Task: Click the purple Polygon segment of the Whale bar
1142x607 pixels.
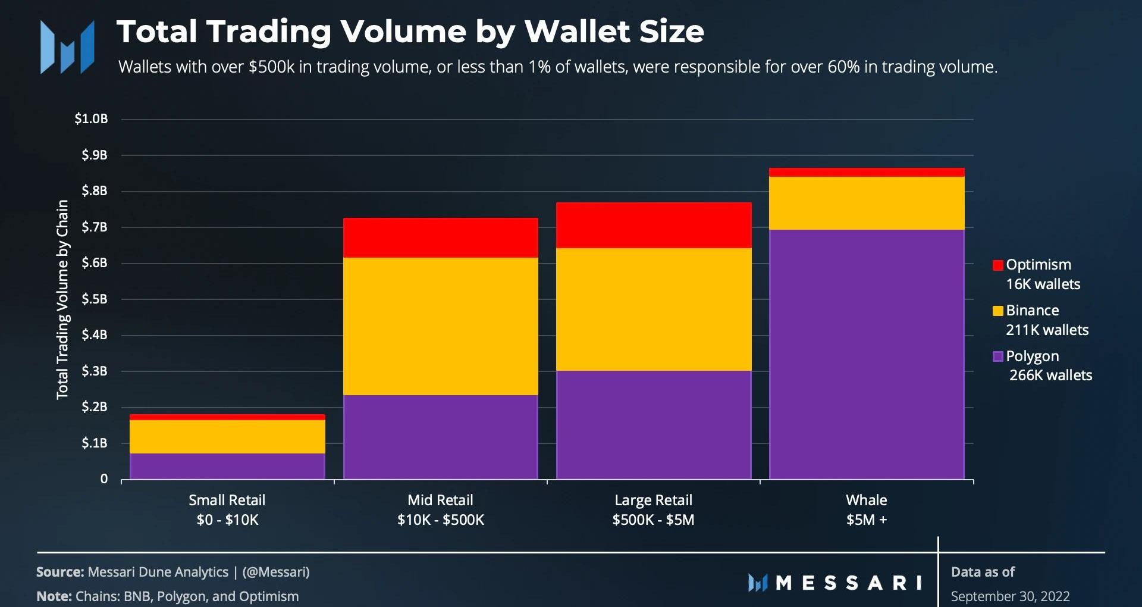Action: coord(867,354)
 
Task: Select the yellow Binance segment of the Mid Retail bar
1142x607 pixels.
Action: coord(441,326)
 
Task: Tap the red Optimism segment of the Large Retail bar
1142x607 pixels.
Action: coord(654,225)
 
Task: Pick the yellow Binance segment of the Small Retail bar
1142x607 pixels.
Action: coord(227,437)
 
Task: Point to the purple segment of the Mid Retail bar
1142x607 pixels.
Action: coord(441,437)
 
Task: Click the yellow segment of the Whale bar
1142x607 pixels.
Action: coord(867,203)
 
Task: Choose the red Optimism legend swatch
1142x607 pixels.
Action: coord(998,265)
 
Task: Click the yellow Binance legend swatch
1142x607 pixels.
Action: coord(998,311)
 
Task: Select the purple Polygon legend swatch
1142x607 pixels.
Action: coord(998,356)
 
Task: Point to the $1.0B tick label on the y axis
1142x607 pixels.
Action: coord(91,119)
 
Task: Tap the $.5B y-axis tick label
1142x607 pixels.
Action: coord(95,299)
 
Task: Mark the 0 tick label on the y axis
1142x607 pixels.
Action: coord(104,479)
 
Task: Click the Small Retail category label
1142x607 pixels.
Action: coord(227,500)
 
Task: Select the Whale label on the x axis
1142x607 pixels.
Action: coord(867,500)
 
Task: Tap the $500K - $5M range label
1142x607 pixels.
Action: coord(654,520)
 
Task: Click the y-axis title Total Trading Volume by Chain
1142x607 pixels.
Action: coord(62,299)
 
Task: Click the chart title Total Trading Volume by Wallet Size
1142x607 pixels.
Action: coord(410,32)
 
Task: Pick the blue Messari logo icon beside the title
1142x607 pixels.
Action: coord(67,48)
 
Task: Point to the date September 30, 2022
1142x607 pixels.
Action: coord(1010,596)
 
